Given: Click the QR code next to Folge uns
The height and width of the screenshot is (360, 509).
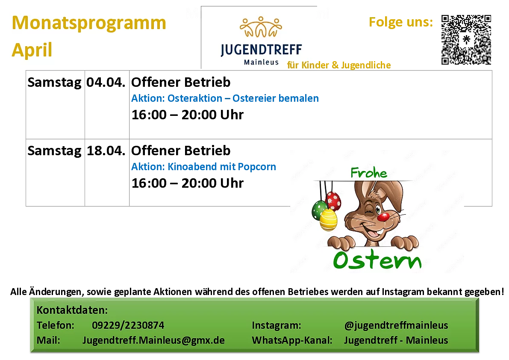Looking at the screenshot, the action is (x=466, y=40).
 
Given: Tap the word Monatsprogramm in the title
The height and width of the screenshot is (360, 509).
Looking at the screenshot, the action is (x=89, y=23).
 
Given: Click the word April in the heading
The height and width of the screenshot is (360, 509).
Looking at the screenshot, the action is (x=32, y=50).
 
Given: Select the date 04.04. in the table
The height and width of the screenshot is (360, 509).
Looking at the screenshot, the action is (x=106, y=82).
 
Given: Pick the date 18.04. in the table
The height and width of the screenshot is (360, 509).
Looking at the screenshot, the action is (x=106, y=150).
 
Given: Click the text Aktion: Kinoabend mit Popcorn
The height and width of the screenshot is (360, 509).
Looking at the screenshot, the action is (x=203, y=166).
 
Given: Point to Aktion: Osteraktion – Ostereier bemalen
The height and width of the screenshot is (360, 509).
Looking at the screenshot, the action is (x=225, y=98).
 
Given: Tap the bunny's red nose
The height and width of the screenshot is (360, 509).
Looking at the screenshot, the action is (x=383, y=217).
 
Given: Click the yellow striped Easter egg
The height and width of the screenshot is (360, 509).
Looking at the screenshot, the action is (x=328, y=219).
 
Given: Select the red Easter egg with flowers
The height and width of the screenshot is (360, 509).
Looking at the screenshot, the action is (x=333, y=201).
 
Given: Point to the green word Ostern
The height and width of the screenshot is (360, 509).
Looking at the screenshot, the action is (x=377, y=260).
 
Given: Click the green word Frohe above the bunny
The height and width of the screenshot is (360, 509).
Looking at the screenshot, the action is (x=369, y=172).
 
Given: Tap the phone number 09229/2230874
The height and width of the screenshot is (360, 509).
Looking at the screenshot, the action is (x=128, y=325).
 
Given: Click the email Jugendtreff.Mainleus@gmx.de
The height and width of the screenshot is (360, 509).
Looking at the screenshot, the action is (x=153, y=340).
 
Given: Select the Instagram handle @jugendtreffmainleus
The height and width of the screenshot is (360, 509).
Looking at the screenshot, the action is (x=396, y=325).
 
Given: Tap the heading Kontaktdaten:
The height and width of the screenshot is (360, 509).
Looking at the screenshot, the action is (x=72, y=310).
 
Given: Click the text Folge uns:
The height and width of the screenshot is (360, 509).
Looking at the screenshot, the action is (x=401, y=22).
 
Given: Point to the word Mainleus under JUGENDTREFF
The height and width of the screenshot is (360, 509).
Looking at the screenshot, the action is (x=261, y=62).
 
